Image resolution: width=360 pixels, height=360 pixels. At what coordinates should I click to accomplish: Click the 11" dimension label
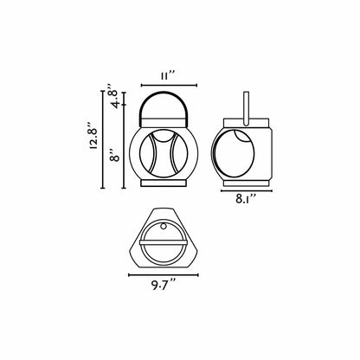pos(168,76)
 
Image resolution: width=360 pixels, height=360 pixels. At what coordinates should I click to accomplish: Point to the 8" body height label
pos(115,155)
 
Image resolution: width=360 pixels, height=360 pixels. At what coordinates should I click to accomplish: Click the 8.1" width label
pos(246,199)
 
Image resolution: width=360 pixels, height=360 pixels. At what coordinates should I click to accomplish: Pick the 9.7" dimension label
pos(164,285)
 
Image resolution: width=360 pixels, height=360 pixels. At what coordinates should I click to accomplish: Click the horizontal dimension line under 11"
pos(169,85)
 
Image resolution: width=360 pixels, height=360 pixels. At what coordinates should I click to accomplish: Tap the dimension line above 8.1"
pos(247,190)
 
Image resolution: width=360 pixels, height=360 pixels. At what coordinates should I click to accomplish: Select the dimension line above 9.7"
pos(164,275)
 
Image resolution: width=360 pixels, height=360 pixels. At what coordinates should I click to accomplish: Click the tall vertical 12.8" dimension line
pos(102,139)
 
